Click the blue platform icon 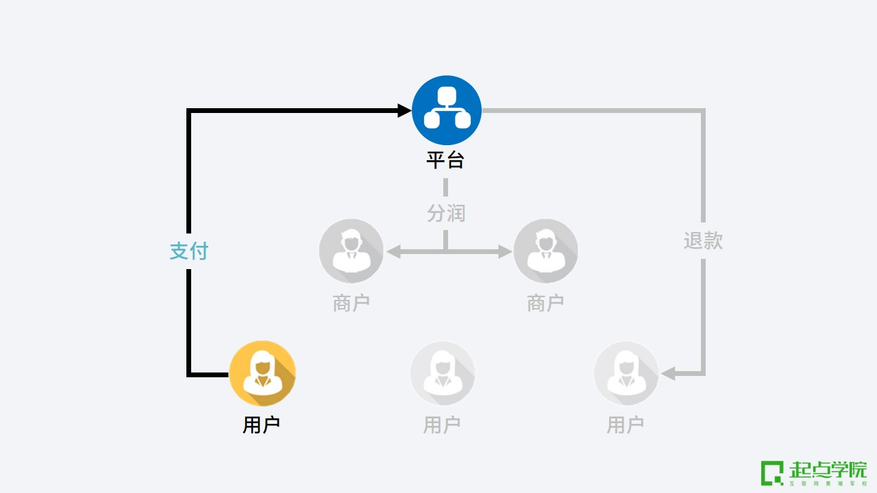click(x=447, y=110)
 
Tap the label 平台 click(x=445, y=160)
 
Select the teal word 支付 click(x=188, y=251)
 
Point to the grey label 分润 click(x=446, y=213)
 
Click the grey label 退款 click(x=703, y=241)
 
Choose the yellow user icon click(x=262, y=374)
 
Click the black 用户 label click(x=261, y=425)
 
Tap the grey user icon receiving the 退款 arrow click(x=626, y=374)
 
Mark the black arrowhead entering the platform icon click(x=404, y=110)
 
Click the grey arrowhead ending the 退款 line click(x=668, y=374)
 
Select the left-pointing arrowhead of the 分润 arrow click(x=393, y=251)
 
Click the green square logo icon click(x=771, y=472)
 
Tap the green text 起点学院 click(x=828, y=470)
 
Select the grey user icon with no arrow click(x=443, y=374)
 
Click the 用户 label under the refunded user click(x=625, y=425)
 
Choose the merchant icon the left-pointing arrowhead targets click(x=351, y=251)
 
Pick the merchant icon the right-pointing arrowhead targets click(x=545, y=251)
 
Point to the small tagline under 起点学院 click(x=828, y=483)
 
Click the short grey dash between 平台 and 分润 click(x=445, y=187)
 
